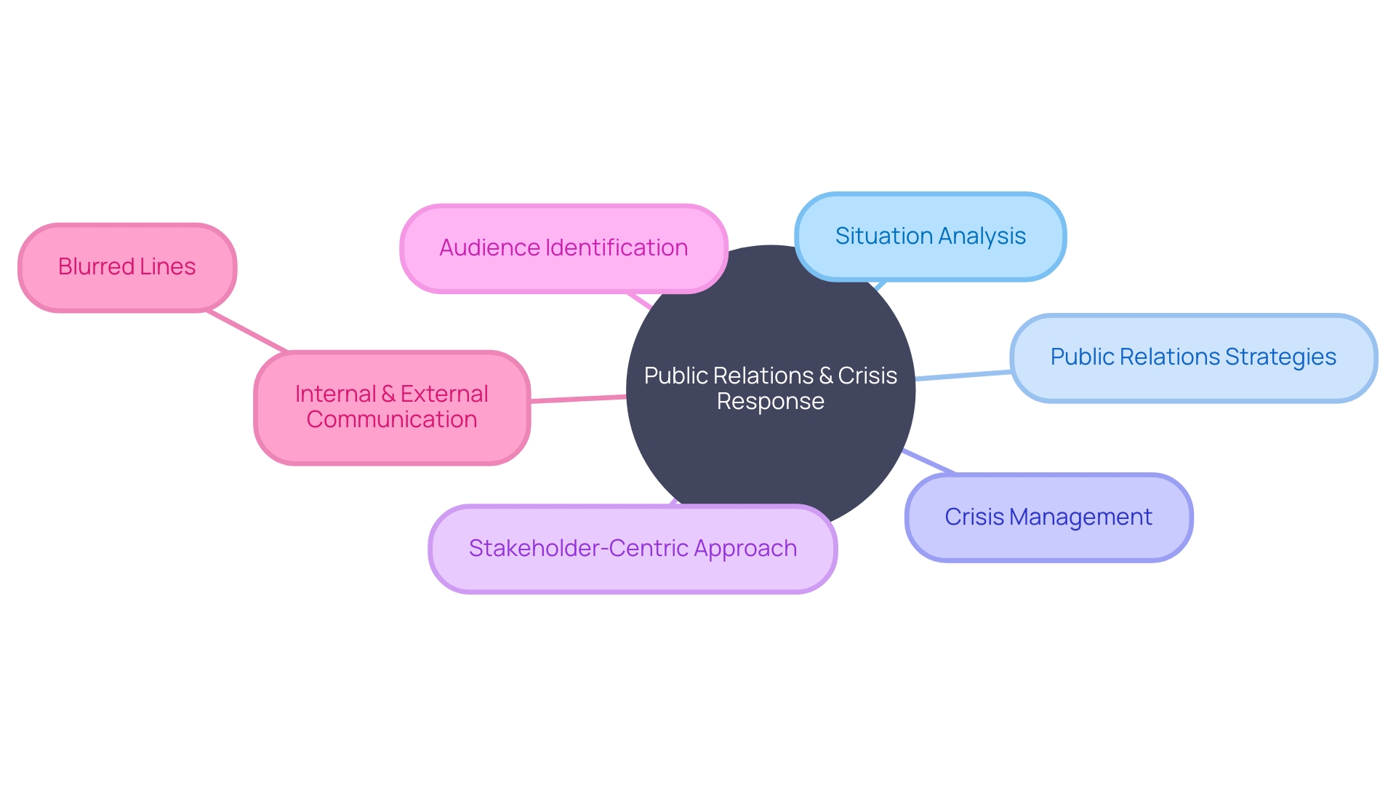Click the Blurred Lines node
click(x=127, y=268)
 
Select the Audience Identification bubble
click(x=563, y=248)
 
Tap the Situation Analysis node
click(x=930, y=237)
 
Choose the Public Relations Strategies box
click(x=1193, y=357)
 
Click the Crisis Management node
click(x=1048, y=517)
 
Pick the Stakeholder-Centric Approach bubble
click(x=632, y=549)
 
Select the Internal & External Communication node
click(x=392, y=407)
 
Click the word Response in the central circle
click(x=770, y=402)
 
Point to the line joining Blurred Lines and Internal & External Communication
click(x=247, y=332)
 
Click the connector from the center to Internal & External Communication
click(x=578, y=399)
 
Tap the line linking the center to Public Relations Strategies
click(x=963, y=376)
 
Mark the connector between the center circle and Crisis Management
click(x=929, y=461)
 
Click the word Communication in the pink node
click(x=392, y=420)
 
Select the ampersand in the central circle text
click(x=826, y=376)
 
